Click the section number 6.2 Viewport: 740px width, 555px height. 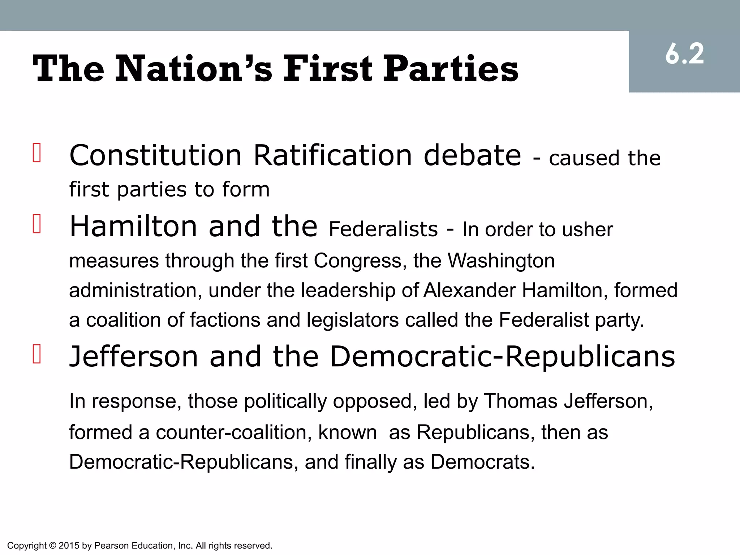coord(684,55)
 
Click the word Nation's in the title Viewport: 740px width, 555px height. coord(193,69)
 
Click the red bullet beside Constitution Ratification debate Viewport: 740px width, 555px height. coord(36,153)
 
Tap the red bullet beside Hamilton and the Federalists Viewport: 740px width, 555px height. coord(36,224)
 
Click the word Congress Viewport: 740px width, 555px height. coord(357,261)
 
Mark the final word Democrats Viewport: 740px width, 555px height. coord(482,462)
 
